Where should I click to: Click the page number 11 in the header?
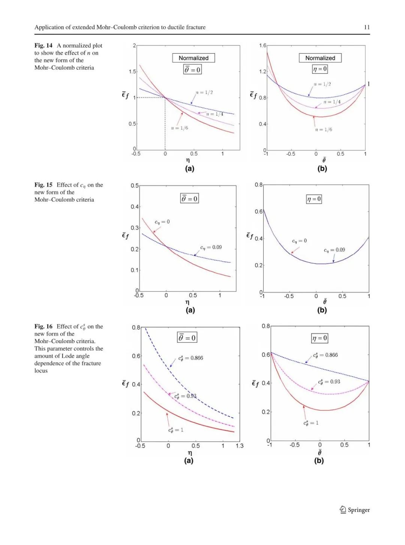tap(366, 27)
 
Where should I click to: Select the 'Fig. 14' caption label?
tap(43, 45)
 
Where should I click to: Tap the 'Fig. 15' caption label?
tap(43, 185)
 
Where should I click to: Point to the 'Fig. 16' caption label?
tap(43, 326)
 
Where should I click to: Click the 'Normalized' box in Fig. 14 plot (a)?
tap(193, 58)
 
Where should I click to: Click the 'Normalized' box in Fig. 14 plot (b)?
tap(320, 58)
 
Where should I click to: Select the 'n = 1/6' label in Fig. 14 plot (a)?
tap(180, 128)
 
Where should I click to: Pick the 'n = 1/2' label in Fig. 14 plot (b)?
tap(322, 84)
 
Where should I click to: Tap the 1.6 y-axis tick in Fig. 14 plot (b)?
tap(262, 45)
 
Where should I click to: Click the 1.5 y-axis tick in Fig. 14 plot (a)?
tap(132, 72)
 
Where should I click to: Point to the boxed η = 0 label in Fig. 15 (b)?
tap(314, 199)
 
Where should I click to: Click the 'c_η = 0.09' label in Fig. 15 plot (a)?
tap(211, 247)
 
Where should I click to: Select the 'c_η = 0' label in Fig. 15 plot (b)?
tap(299, 241)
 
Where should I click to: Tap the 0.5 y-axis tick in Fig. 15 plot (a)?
tap(135, 185)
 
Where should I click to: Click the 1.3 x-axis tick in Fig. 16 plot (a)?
tap(239, 446)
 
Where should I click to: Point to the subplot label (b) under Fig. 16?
tap(319, 460)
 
